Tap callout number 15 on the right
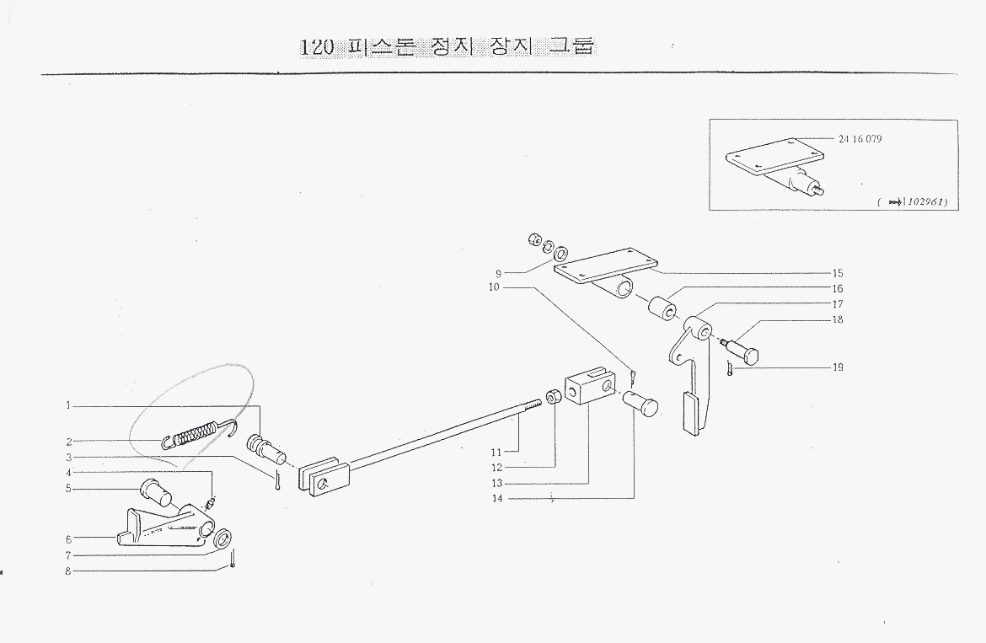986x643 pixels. pyautogui.click(x=837, y=273)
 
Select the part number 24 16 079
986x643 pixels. pyautogui.click(x=860, y=138)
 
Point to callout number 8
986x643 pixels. pyautogui.click(x=68, y=571)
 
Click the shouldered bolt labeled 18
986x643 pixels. pyautogui.click(x=742, y=347)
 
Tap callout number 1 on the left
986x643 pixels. pyautogui.click(x=68, y=406)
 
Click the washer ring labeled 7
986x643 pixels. pyautogui.click(x=223, y=539)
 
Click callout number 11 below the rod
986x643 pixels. pyautogui.click(x=496, y=453)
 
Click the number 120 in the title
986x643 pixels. pyautogui.click(x=317, y=47)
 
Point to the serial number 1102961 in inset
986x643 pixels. pyautogui.click(x=924, y=203)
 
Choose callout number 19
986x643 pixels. pyautogui.click(x=837, y=367)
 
